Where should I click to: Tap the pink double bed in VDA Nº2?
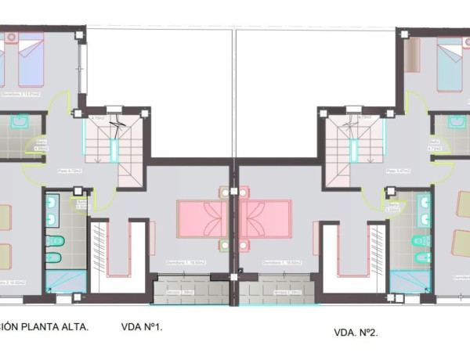pyautogui.click(x=266, y=219)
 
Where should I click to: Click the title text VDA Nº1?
pyautogui.click(x=142, y=328)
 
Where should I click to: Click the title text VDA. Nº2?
pyautogui.click(x=356, y=333)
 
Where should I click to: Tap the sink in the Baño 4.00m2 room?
pyautogui.click(x=20, y=121)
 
